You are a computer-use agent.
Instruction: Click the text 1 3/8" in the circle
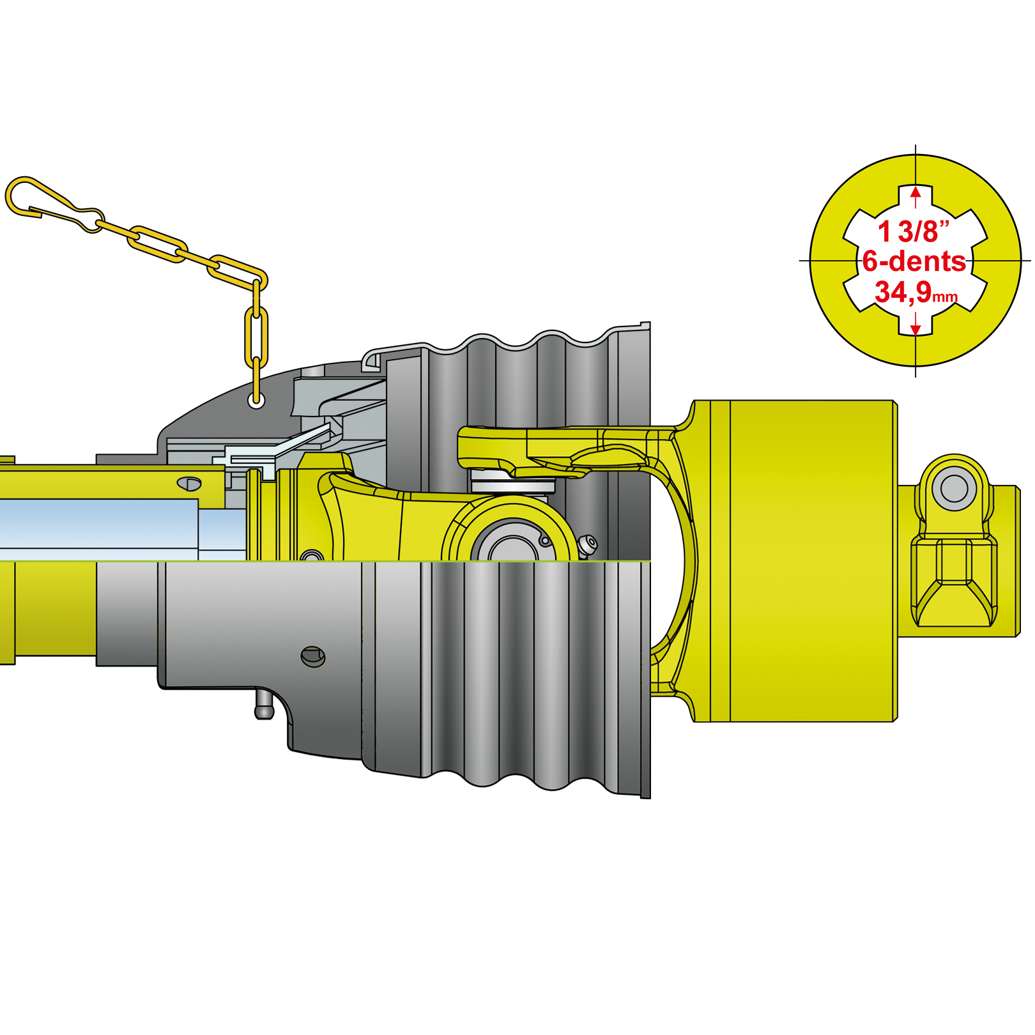pos(913,231)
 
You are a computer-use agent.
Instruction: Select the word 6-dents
pos(914,261)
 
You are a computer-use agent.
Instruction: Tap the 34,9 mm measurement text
pos(915,292)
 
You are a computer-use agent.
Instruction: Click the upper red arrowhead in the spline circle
pos(916,192)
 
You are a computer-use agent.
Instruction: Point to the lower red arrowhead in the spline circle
pos(916,330)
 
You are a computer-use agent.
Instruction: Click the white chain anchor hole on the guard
pos(256,401)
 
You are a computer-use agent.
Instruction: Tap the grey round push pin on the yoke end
pos(954,489)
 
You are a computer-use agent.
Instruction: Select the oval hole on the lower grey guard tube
pos(313,656)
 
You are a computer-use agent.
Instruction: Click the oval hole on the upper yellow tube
pos(189,483)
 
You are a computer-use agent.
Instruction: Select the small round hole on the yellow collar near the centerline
pos(311,556)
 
